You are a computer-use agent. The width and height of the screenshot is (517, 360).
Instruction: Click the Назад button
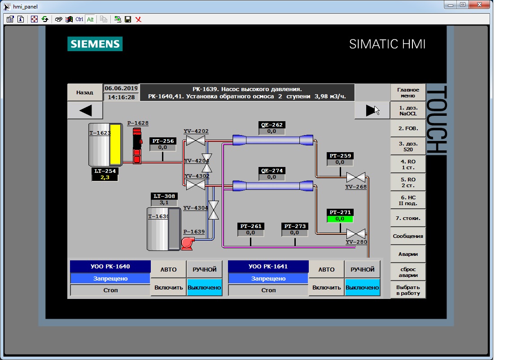click(85, 92)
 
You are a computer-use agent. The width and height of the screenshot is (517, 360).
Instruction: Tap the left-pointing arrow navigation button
click(85, 110)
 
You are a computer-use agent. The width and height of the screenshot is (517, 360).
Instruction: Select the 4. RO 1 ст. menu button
click(408, 164)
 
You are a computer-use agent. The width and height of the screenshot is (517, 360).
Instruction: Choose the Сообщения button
click(408, 236)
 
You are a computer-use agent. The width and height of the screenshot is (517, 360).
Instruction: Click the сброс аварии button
click(408, 272)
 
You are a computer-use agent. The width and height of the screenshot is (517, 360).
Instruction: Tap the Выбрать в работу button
click(408, 290)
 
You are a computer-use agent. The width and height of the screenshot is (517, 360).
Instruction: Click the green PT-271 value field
click(340, 219)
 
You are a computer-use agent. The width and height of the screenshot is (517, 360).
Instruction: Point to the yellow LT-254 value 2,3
click(105, 177)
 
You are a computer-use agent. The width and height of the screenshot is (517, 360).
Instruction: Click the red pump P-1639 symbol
click(187, 243)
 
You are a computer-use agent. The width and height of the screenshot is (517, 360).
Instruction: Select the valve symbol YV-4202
click(196, 140)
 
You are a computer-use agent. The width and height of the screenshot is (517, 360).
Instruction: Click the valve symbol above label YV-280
click(356, 234)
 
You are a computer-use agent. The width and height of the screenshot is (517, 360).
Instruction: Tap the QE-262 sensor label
click(272, 125)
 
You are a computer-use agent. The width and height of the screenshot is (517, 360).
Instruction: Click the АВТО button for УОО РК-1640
click(168, 269)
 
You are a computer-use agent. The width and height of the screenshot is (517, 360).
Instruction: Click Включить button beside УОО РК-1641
click(326, 287)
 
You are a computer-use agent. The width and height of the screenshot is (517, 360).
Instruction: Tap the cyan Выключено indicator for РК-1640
click(205, 287)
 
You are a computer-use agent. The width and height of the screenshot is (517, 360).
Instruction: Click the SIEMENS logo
click(95, 44)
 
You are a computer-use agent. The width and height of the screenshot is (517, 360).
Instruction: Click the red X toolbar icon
click(139, 19)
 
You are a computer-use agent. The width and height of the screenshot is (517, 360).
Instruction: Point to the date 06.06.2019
click(121, 88)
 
